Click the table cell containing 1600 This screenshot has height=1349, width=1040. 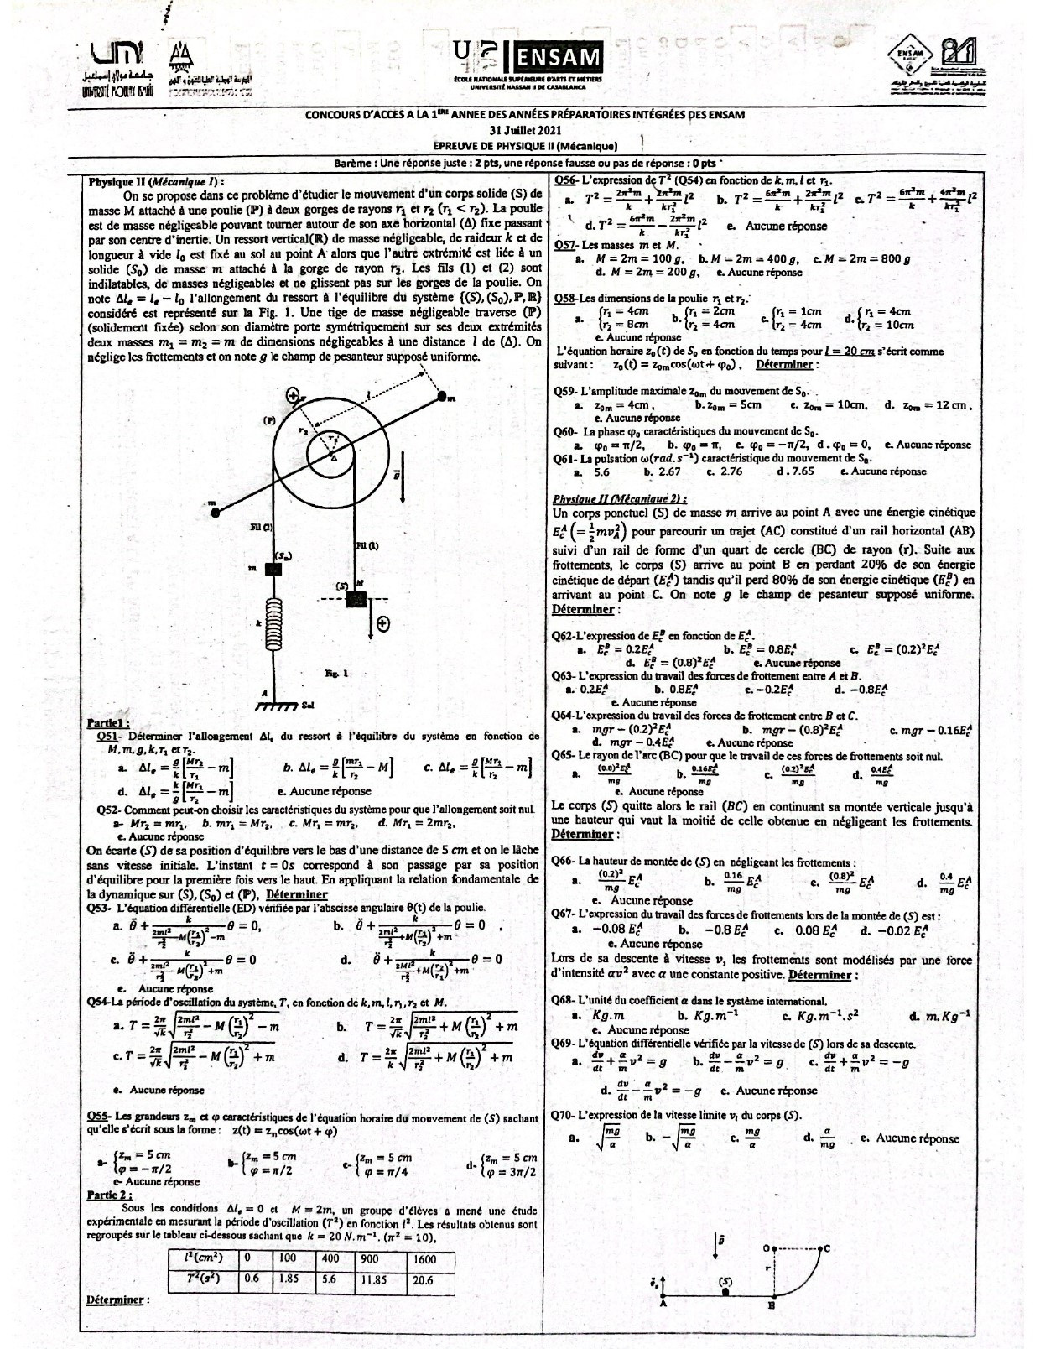424,1258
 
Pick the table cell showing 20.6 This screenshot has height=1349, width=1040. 423,1280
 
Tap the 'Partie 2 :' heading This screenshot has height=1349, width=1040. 110,1194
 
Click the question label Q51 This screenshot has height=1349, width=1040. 112,736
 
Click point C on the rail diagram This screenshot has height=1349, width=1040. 826,1248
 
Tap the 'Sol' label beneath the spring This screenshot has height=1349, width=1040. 308,704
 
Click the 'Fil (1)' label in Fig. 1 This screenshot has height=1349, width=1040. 367,545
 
